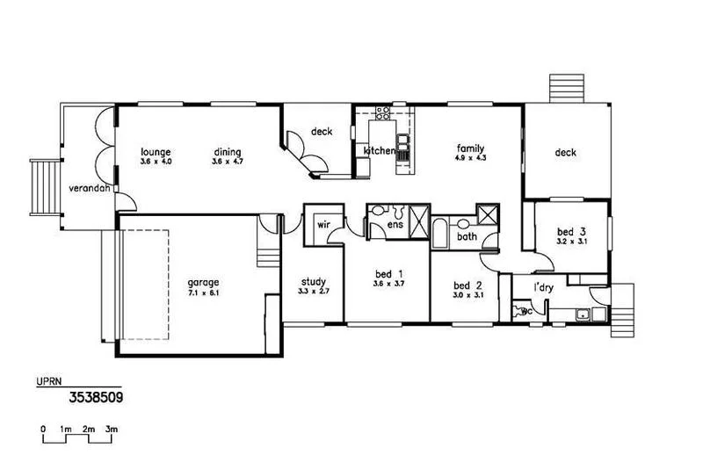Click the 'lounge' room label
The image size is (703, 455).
tap(155, 151)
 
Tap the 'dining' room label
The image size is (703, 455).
tap(227, 151)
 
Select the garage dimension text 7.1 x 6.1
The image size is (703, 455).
tap(203, 292)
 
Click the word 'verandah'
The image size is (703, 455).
tap(88, 189)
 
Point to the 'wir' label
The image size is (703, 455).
tap(323, 224)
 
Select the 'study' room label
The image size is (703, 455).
tap(313, 282)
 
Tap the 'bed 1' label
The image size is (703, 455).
tap(388, 273)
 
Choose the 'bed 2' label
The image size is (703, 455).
tap(467, 285)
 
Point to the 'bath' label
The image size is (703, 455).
tap(467, 236)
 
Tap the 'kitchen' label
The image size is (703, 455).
tap(380, 151)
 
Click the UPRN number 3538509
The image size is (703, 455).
tap(95, 397)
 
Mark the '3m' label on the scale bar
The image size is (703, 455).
tap(112, 429)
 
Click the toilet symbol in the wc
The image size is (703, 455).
tap(519, 311)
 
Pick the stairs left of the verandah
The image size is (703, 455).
tap(44, 187)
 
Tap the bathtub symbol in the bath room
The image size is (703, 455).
tap(438, 234)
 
